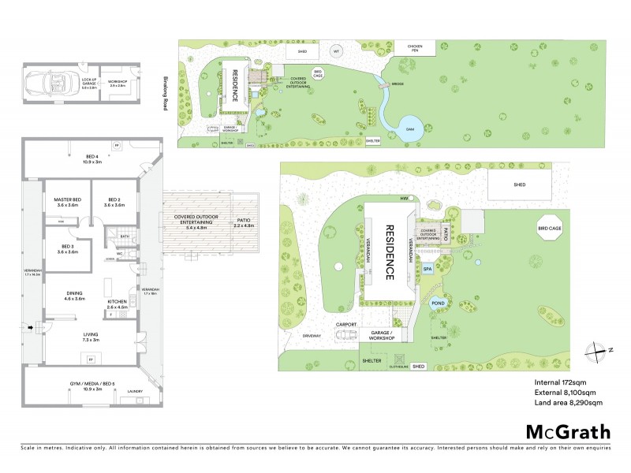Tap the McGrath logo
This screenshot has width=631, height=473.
point(567,431)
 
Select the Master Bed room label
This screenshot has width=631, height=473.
point(67,202)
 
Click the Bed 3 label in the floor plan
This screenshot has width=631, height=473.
point(67,248)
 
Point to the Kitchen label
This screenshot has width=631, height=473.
point(118,304)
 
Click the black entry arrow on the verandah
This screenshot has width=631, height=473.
point(31,327)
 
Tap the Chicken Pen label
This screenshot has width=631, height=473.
point(415,47)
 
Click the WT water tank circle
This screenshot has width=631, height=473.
point(336,52)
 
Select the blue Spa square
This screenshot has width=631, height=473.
point(428,269)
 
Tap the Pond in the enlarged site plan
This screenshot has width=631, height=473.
point(439,302)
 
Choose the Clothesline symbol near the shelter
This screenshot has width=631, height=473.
point(400,367)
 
